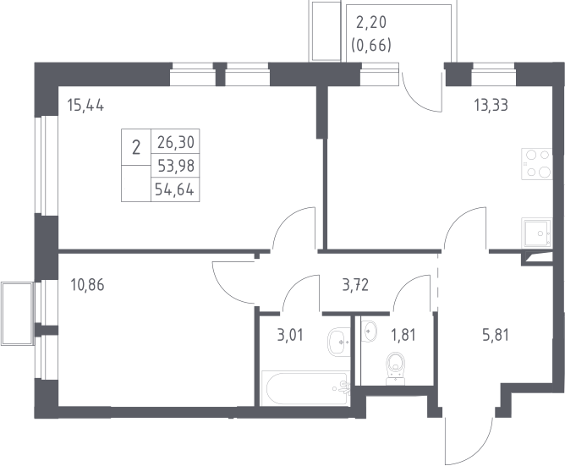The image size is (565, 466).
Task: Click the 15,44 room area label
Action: (85, 106)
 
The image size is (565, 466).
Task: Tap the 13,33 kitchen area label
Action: (491, 105)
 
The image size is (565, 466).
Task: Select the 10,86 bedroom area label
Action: (88, 285)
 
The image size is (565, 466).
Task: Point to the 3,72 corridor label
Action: (355, 285)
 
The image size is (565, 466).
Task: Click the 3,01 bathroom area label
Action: (290, 335)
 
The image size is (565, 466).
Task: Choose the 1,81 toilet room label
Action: (403, 335)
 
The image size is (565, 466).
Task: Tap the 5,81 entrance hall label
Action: (496, 335)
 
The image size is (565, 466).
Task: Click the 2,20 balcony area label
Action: (371, 22)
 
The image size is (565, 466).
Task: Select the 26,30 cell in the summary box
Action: (176, 142)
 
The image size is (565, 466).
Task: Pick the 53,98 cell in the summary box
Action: (176, 166)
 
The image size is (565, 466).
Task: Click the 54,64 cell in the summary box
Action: (175, 189)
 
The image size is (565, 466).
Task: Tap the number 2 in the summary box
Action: (136, 147)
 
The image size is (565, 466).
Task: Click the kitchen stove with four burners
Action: (536, 164)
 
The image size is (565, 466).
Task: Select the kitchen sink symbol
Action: (536, 233)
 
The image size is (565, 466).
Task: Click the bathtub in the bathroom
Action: (306, 388)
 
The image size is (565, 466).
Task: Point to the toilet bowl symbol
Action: (396, 368)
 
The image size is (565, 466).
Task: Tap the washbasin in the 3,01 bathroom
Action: (338, 342)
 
